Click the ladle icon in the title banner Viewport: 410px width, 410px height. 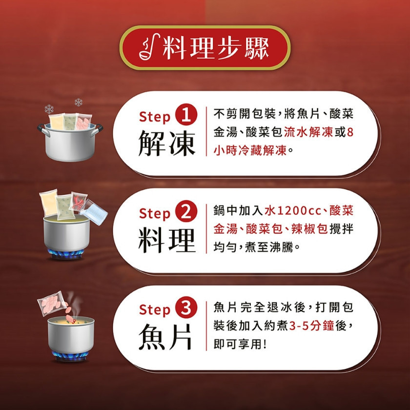click(149, 47)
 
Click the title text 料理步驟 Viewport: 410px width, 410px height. click(216, 48)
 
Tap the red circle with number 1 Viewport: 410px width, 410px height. click(186, 115)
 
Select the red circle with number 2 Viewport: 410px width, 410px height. click(186, 212)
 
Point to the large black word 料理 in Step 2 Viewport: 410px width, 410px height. click(167, 241)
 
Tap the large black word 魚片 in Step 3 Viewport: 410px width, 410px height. click(165, 336)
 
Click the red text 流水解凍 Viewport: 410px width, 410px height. click(308, 132)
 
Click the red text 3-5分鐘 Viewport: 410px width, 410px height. click(312, 326)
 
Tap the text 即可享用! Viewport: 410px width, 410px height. click(240, 345)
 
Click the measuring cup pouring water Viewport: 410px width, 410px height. click(94, 212)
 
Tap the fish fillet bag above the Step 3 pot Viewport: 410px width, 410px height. click(53, 303)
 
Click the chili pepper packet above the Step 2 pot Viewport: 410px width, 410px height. click(78, 201)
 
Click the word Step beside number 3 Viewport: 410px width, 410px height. click(155, 310)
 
